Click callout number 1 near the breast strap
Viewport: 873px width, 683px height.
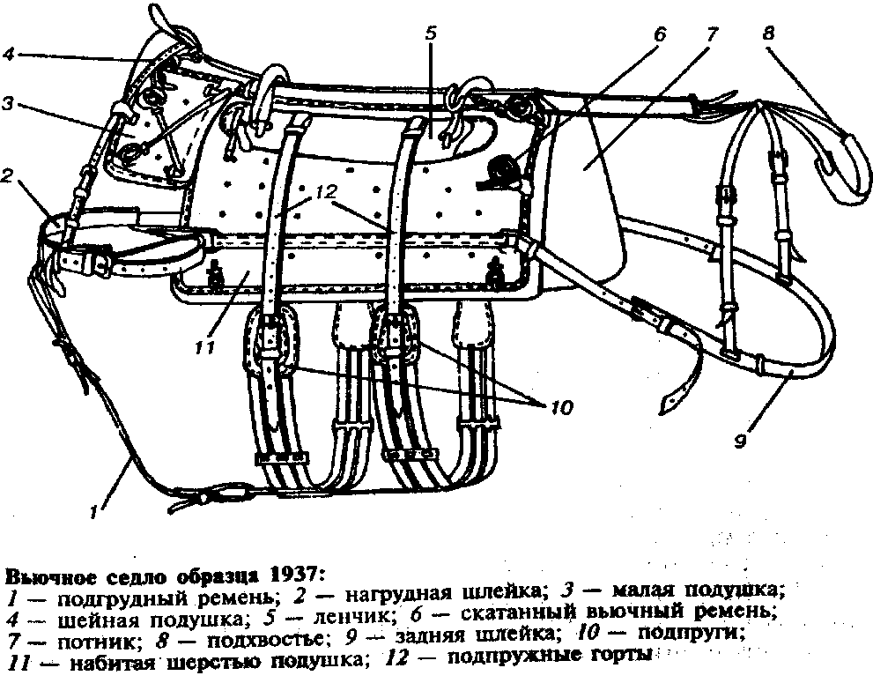pyautogui.click(x=94, y=511)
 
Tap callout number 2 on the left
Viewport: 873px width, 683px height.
pyautogui.click(x=7, y=177)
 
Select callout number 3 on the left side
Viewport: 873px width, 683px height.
pyautogui.click(x=7, y=105)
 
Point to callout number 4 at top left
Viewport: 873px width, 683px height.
pyautogui.click(x=8, y=55)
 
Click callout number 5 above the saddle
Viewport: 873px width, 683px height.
pyautogui.click(x=431, y=33)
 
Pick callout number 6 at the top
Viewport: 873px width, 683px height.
pyautogui.click(x=659, y=34)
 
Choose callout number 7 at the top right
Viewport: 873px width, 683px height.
pyautogui.click(x=711, y=34)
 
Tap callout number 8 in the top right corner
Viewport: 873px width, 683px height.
pyautogui.click(x=768, y=33)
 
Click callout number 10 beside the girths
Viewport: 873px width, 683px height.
pyautogui.click(x=561, y=408)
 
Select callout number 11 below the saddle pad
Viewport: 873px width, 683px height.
pyautogui.click(x=205, y=348)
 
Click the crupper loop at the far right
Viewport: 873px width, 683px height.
pyautogui.click(x=846, y=164)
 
